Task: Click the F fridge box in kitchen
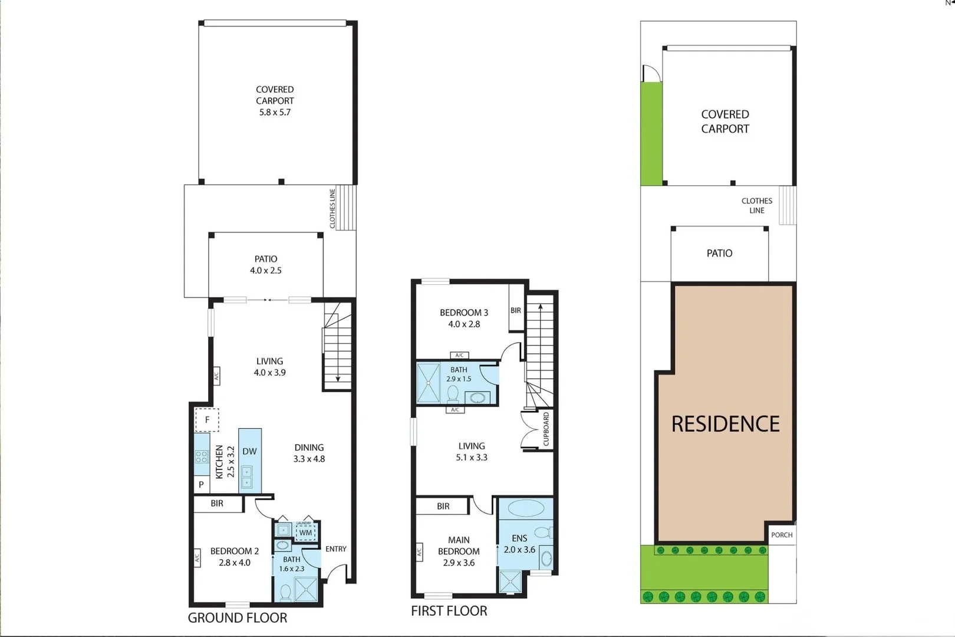tap(207, 420)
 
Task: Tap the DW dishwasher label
tap(249, 451)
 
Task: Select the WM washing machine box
tap(305, 532)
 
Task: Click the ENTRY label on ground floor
tap(336, 549)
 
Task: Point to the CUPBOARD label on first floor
tap(546, 429)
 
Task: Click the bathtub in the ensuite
tap(526, 508)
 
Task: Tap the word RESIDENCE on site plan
tap(725, 424)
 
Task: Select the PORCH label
tap(782, 535)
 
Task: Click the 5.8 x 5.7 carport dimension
tap(275, 112)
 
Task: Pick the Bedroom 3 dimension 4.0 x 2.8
tap(464, 324)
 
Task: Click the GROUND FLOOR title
tap(238, 618)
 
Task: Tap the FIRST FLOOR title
tap(449, 611)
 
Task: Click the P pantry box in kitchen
tap(202, 484)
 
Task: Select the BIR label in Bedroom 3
tap(516, 310)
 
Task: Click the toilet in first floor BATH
tap(453, 392)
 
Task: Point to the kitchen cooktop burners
tap(202, 456)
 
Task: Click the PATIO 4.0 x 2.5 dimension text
tap(266, 270)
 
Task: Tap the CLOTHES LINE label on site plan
tap(757, 205)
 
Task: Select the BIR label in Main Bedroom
tap(443, 506)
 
